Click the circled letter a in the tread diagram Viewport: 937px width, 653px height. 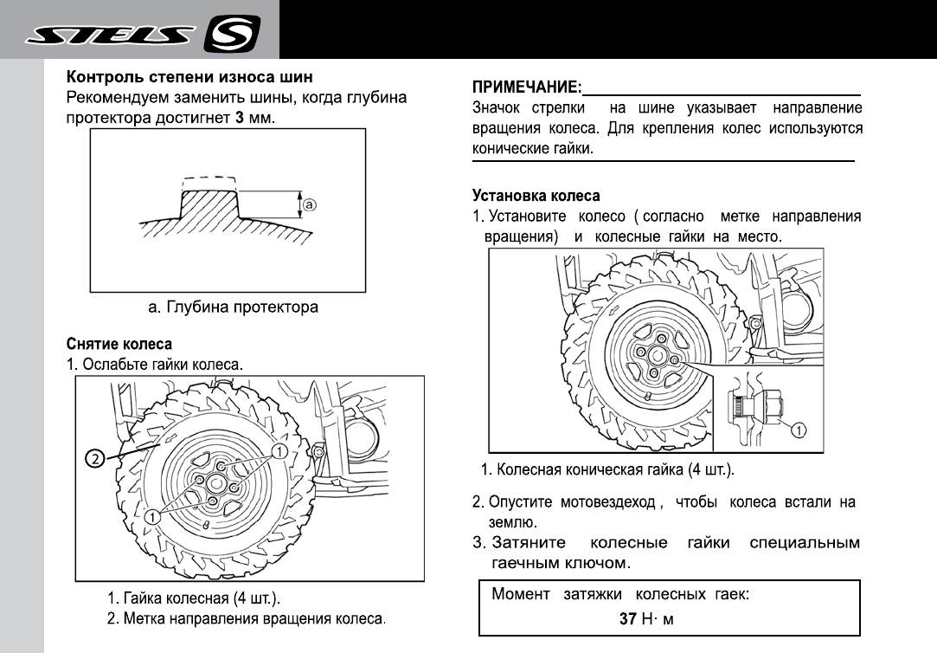(309, 205)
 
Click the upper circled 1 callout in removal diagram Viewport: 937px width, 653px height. (279, 451)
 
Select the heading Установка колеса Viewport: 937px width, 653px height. (536, 197)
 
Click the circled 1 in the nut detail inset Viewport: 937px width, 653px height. (799, 429)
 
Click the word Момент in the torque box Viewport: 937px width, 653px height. (521, 595)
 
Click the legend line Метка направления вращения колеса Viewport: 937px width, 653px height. (245, 619)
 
